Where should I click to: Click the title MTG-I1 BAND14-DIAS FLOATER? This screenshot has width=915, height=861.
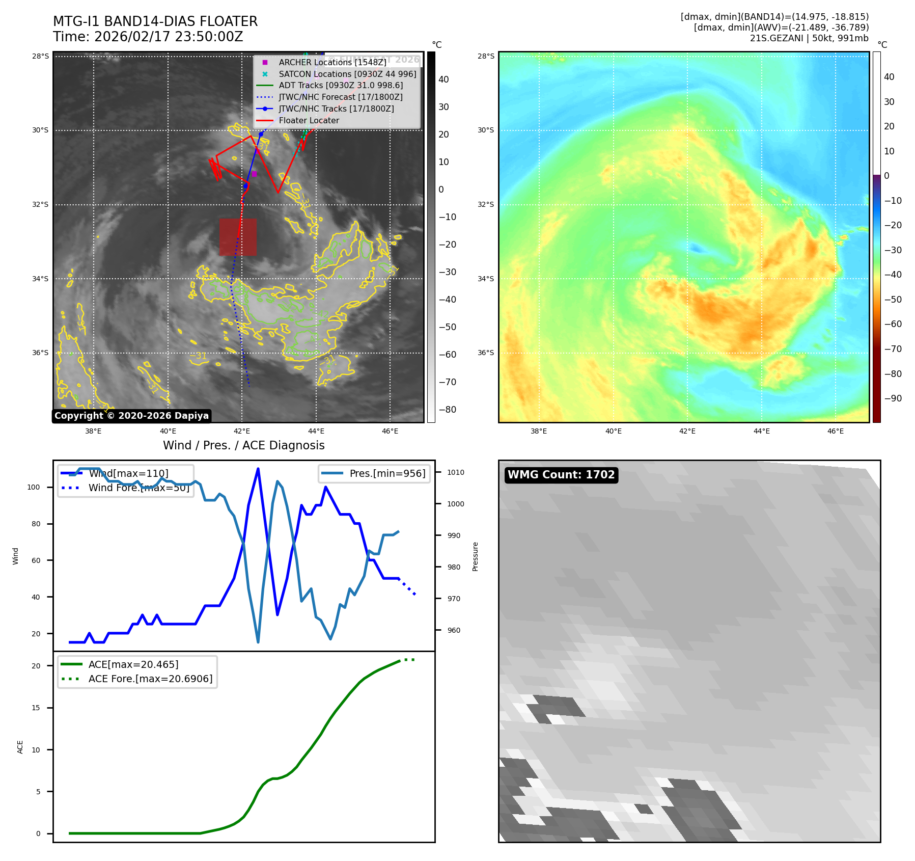(x=155, y=21)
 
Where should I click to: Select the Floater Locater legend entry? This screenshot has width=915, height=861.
(x=309, y=121)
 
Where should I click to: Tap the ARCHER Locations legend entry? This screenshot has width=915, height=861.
(x=332, y=62)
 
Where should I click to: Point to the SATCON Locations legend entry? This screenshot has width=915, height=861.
(x=347, y=74)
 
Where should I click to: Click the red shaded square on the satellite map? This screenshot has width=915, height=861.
(x=238, y=237)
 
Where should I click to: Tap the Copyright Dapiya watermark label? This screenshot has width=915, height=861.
(x=131, y=416)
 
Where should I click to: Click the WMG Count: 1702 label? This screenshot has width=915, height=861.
(x=561, y=475)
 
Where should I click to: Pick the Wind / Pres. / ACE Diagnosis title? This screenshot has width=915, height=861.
(x=243, y=445)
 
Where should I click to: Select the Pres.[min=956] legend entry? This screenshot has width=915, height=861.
(x=387, y=473)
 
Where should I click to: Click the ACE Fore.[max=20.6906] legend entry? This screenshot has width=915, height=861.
(x=150, y=679)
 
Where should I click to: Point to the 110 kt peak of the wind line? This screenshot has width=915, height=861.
(x=258, y=469)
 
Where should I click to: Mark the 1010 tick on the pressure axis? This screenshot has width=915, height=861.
(x=455, y=472)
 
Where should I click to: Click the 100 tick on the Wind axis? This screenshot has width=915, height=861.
(x=34, y=487)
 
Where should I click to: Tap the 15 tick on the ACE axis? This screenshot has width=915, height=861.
(x=36, y=708)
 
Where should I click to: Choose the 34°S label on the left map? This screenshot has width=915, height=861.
(x=40, y=279)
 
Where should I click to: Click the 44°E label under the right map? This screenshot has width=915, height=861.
(x=761, y=431)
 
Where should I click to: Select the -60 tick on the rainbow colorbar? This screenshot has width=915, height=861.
(x=893, y=324)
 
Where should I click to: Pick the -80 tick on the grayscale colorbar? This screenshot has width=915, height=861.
(x=447, y=410)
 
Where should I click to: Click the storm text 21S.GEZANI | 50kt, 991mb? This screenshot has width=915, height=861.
(x=809, y=38)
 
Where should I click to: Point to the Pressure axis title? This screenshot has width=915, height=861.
(x=475, y=556)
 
